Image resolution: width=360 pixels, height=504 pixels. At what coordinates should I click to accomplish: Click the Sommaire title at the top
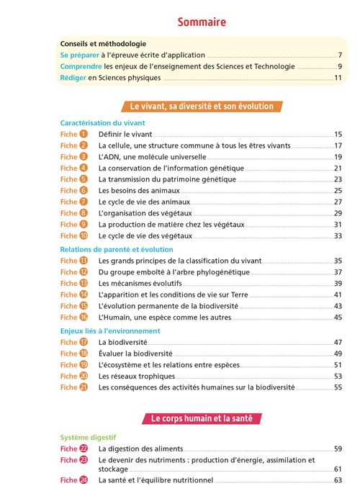[202, 22]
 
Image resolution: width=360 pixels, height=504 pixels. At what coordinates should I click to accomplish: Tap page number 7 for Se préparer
[338, 55]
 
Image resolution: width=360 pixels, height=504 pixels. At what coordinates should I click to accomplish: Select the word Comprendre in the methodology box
[81, 66]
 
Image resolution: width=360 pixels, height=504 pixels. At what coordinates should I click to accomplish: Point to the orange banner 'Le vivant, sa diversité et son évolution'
[202, 107]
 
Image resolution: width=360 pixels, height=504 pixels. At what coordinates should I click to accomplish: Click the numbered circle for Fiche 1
[84, 135]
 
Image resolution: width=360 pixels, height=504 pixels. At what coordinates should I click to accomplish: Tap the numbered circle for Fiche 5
[84, 179]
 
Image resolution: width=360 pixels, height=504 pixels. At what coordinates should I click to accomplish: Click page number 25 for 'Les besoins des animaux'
[338, 191]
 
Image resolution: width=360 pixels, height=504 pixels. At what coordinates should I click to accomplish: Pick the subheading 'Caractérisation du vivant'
[102, 123]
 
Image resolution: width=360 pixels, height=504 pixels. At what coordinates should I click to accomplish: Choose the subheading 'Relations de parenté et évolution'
[117, 249]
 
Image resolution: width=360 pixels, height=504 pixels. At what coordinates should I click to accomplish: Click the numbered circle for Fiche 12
[84, 272]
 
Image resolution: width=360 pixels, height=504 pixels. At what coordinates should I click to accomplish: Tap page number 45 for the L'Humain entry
[338, 318]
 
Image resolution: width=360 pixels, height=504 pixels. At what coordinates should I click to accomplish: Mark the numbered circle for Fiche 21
[84, 387]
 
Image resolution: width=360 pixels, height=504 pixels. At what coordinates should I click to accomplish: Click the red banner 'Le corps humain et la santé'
[202, 418]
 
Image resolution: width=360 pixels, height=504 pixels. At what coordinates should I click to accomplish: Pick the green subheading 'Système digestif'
[88, 436]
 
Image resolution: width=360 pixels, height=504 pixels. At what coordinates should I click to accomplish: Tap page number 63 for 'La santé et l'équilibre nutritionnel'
[338, 480]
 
